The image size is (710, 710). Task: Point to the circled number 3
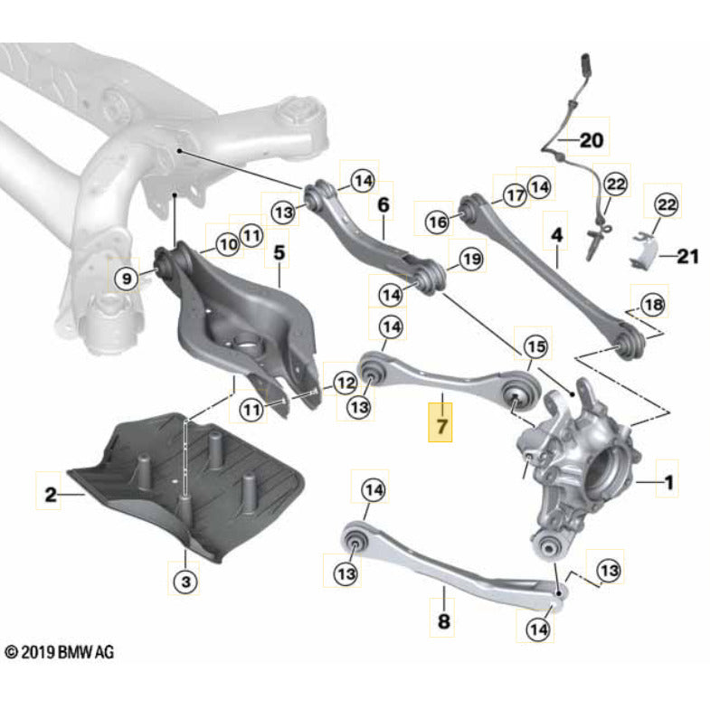pyautogui.click(x=185, y=582)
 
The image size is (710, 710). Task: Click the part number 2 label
pyautogui.click(x=52, y=494)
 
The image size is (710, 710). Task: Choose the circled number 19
pyautogui.click(x=472, y=260)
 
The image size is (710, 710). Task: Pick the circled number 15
pyautogui.click(x=535, y=346)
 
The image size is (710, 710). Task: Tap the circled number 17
pyautogui.click(x=515, y=194)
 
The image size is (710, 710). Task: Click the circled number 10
pyautogui.click(x=226, y=244)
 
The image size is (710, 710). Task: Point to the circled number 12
pyautogui.click(x=344, y=383)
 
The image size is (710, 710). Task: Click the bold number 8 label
pyautogui.click(x=443, y=621)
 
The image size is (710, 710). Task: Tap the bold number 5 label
pyautogui.click(x=279, y=252)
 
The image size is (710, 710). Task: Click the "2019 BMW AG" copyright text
pyautogui.click(x=60, y=651)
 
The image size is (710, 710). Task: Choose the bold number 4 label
pyautogui.click(x=557, y=234)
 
